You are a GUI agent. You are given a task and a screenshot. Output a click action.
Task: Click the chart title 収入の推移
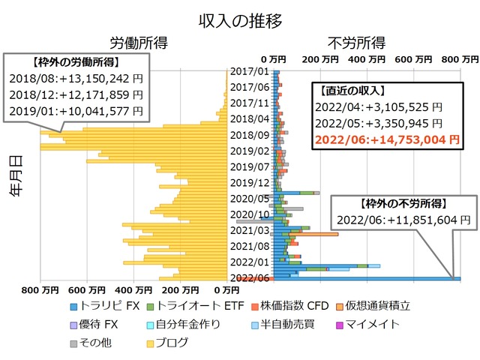coord(240,20)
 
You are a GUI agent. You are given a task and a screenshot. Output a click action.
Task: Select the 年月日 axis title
coord(16,175)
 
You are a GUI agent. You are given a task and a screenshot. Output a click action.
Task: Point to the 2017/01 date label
coord(250,72)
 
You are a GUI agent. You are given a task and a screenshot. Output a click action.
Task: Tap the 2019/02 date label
coord(250,151)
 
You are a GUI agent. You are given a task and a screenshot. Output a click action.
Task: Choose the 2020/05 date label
coord(250,199)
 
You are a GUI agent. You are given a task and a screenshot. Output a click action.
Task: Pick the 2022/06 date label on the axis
coord(250,278)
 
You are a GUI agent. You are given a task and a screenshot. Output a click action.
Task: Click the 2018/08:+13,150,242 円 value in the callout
coord(76,78)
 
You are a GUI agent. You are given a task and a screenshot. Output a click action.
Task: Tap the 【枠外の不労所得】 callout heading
coord(403,204)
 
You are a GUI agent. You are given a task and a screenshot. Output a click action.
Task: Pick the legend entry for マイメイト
coord(372,325)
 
